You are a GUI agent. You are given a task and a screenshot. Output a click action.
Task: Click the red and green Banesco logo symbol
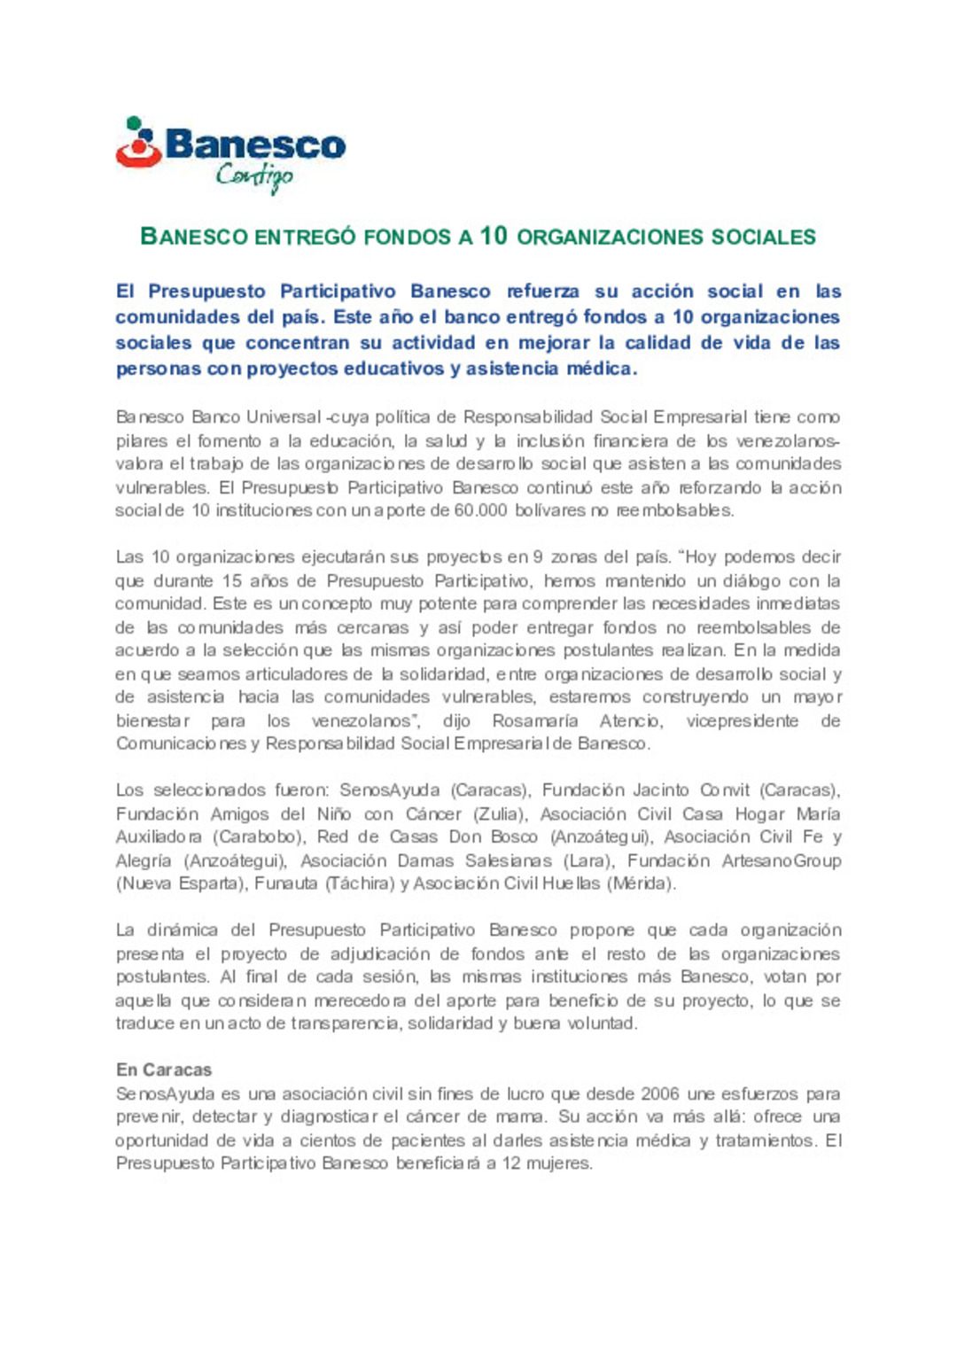[139, 142]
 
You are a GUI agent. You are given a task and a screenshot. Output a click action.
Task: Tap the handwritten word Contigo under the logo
[254, 175]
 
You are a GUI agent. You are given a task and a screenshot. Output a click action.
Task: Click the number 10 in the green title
[494, 236]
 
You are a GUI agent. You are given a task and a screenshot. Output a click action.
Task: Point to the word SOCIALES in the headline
[764, 237]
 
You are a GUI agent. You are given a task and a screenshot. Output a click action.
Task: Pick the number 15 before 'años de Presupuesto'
[232, 580]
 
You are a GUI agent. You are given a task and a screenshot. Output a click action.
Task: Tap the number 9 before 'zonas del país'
[538, 557]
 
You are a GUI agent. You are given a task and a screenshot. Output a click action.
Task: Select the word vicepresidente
[743, 720]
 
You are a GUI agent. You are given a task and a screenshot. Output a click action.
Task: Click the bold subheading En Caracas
[164, 1070]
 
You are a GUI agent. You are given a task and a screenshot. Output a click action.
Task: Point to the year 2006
[660, 1093]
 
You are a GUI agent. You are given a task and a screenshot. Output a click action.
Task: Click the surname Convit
[725, 790]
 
